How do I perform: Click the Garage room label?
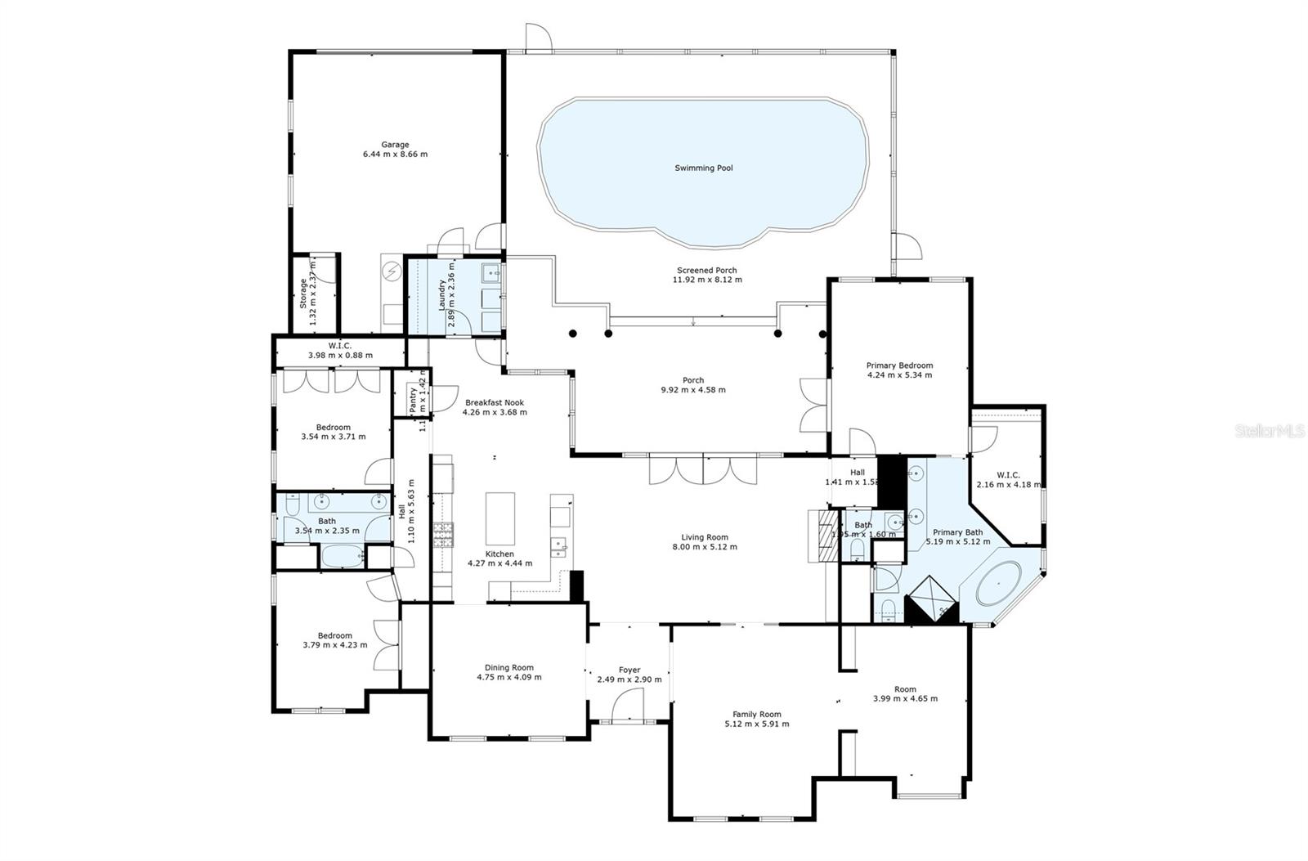click(395, 145)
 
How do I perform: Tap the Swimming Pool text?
click(703, 168)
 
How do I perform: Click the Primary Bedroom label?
click(899, 365)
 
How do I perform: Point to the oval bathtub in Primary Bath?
click(999, 583)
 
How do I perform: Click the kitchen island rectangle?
click(500, 518)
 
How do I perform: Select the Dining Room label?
click(508, 667)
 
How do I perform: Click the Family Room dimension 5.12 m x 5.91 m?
click(757, 724)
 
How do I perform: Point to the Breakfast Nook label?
click(495, 402)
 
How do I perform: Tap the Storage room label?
click(302, 293)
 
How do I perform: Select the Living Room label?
click(705, 537)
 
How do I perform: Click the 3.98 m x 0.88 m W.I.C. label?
click(340, 345)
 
